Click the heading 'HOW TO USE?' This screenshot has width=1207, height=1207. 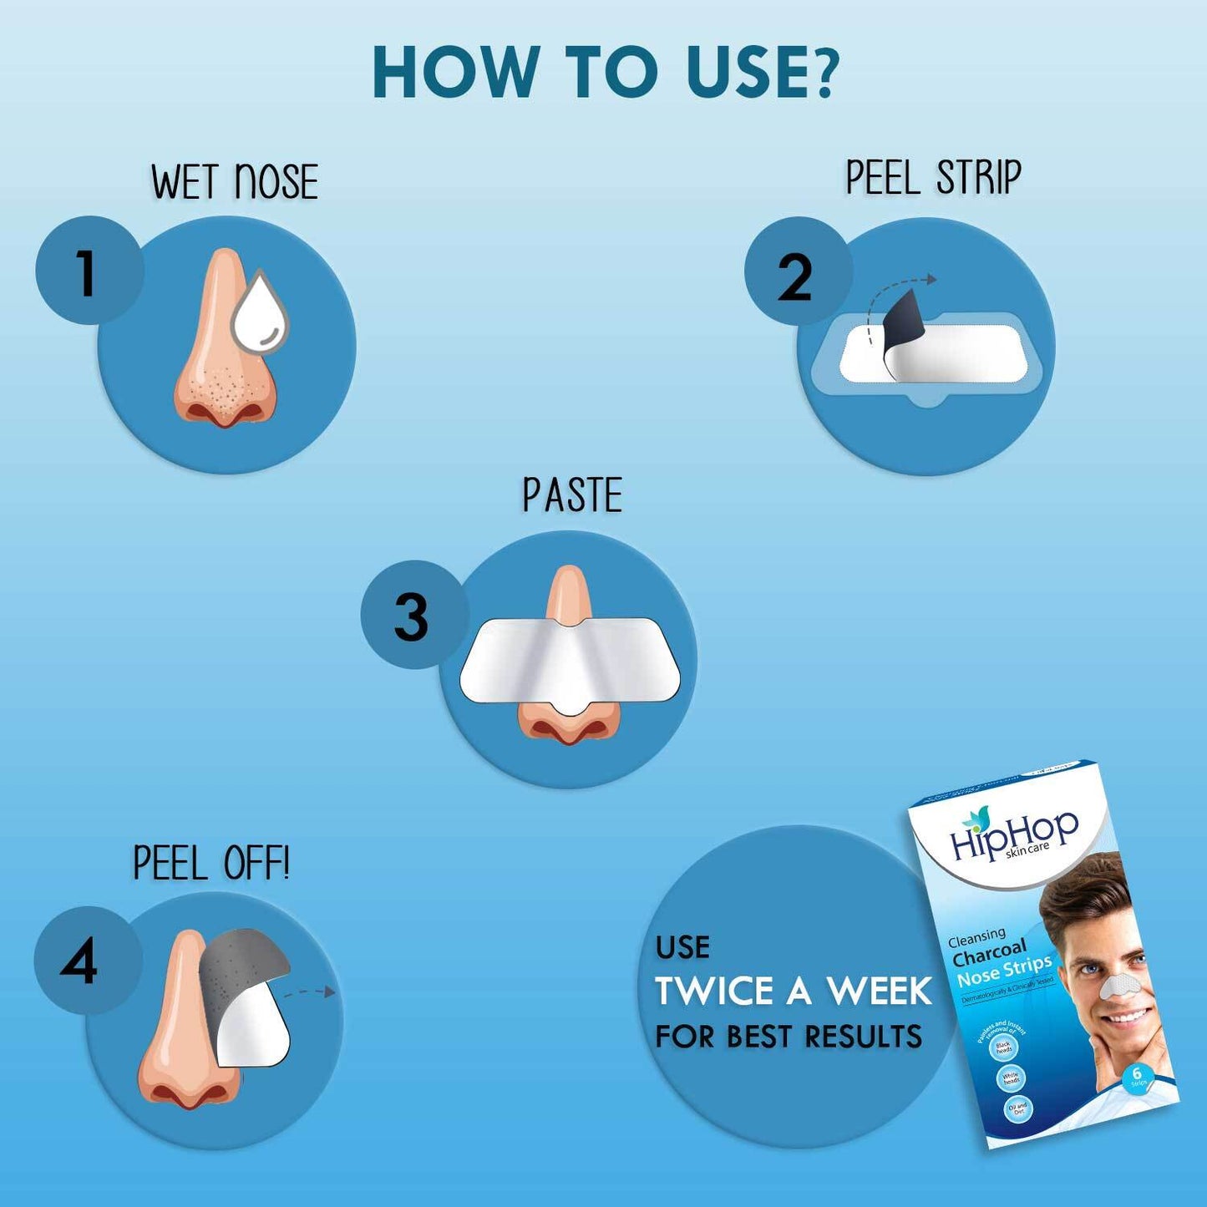tap(604, 72)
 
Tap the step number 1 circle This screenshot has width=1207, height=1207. tap(88, 271)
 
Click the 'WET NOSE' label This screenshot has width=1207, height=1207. tap(235, 182)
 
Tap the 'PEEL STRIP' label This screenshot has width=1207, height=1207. tap(933, 177)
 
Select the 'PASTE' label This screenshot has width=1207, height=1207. tap(572, 495)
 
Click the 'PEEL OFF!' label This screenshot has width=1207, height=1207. tap(211, 863)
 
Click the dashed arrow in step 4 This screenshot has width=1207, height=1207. tap(309, 992)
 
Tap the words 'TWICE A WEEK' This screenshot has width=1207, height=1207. tap(793, 991)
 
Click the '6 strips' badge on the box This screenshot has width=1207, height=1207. tap(1137, 1077)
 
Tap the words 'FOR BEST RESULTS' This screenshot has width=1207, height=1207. tap(789, 1037)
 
